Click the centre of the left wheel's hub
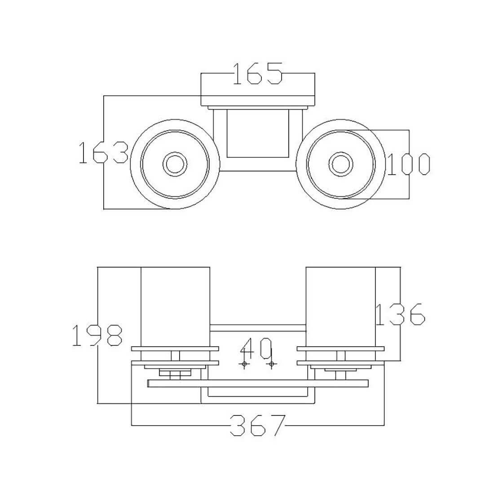coord(175,164)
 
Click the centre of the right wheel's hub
coord(340,164)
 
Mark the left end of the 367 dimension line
coord(132,426)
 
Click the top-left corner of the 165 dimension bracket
coord(201,73)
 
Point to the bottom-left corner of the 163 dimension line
coord(104,209)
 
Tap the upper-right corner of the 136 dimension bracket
coord(401,267)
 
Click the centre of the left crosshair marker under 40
coord(244,364)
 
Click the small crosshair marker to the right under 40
coord(272,364)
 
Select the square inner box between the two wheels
coord(258,133)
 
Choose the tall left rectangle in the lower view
coord(175,314)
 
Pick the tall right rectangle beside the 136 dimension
coord(340,314)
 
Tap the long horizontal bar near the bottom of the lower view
coord(258,384)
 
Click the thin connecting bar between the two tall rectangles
coord(258,328)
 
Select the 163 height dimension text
coord(103,153)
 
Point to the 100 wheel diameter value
coord(408,164)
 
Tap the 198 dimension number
coord(97,335)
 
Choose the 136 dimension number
coord(401,314)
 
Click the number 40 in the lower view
coord(256,348)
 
